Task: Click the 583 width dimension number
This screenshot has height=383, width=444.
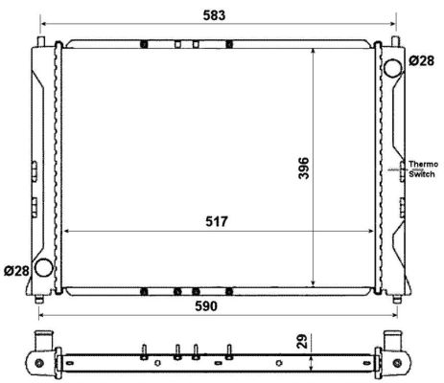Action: point(214,15)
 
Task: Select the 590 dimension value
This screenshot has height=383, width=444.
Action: point(206,306)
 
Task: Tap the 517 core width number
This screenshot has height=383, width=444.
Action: point(217,221)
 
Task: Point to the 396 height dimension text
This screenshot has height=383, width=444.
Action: point(303,168)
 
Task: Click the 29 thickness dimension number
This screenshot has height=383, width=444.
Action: point(302,341)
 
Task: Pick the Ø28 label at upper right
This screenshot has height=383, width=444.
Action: point(422,60)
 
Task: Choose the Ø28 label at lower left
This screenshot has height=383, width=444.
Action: point(16,271)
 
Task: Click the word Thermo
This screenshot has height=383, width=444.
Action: point(423,164)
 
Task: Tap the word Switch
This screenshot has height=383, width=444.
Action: point(422,174)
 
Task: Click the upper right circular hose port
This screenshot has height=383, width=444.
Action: point(392,68)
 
